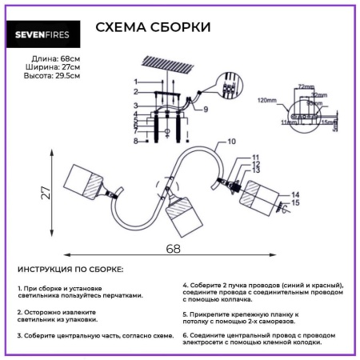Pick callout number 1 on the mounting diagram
[x=135, y=82]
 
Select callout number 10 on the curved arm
[x=231, y=141]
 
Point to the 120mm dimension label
[x=266, y=102]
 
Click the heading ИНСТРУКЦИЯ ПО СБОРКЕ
[x=70, y=270]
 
